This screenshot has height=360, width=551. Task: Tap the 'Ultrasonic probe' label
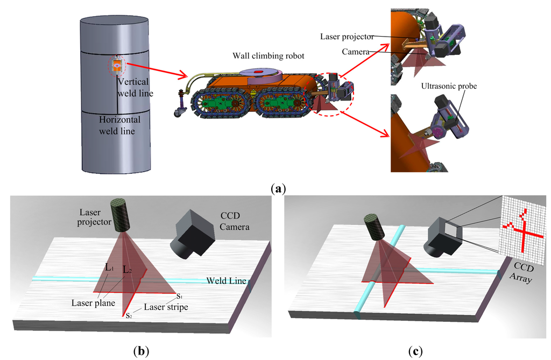(450, 86)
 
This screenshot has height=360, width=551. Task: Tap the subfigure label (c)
(415, 351)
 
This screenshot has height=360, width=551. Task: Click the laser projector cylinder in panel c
(371, 226)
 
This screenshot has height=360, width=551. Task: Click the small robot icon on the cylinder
(115, 66)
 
